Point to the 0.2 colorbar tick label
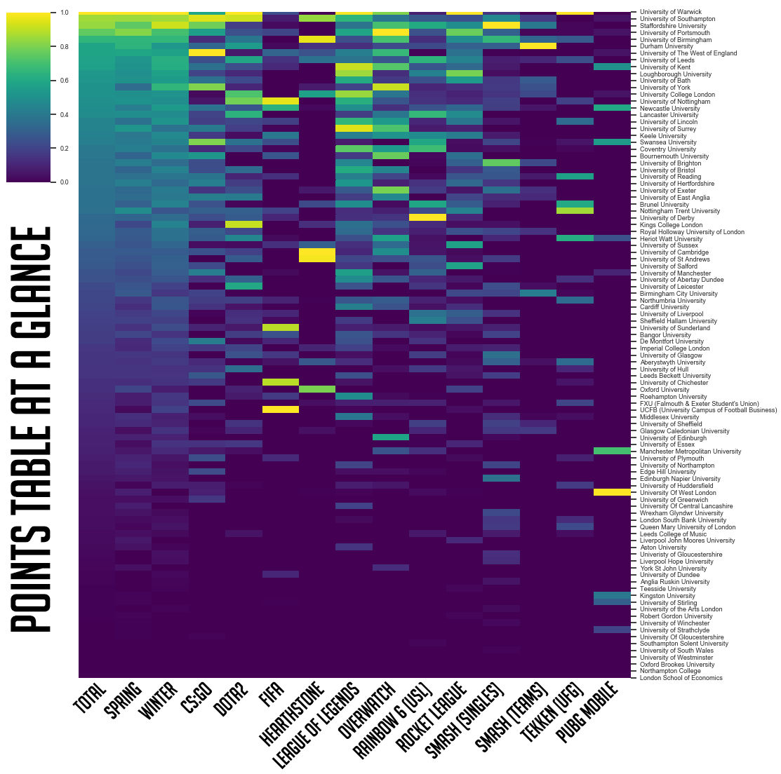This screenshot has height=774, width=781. click(x=64, y=149)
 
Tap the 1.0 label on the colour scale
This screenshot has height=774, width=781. click(x=64, y=13)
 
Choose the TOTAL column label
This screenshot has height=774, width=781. click(x=90, y=698)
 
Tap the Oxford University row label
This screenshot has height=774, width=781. click(x=665, y=390)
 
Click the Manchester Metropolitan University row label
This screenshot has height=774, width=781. click(x=690, y=451)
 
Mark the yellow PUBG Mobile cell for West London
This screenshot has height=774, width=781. click(x=612, y=492)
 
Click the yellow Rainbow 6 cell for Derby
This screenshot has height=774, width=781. click(x=428, y=217)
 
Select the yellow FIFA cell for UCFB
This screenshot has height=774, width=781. click(x=281, y=409)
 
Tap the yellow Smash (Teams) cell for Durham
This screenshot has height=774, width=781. click(x=538, y=46)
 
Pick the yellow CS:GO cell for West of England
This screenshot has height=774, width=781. click(x=207, y=53)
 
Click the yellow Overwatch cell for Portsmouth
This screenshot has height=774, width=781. click(x=392, y=32)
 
